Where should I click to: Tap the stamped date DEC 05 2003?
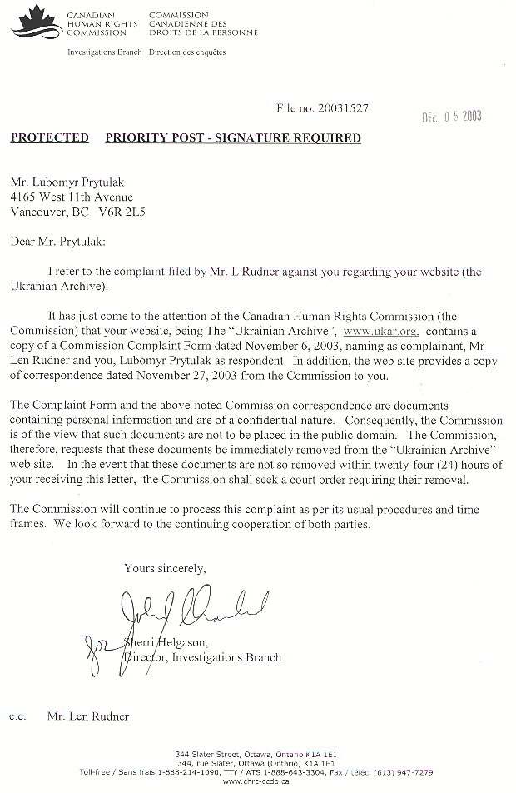pos(451,117)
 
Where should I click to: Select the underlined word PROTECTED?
pos(49,138)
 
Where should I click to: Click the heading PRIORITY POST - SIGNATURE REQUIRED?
pos(233,138)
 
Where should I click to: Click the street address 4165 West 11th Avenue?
pos(71,197)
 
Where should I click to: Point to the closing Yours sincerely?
pos(165,568)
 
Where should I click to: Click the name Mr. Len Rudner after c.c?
pos(88,716)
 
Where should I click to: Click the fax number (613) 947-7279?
pos(404,772)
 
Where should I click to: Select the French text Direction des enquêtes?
pos(187,52)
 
